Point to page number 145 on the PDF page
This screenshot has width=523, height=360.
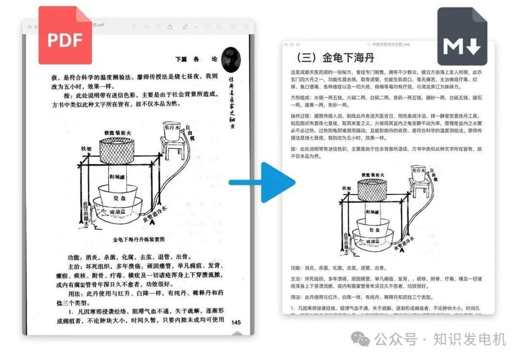click(236, 322)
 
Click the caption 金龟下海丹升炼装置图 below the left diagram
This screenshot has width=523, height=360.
click(139, 239)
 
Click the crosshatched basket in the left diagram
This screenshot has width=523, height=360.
click(119, 151)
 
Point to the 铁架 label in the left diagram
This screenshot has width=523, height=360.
click(86, 149)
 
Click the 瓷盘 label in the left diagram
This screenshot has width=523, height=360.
click(119, 199)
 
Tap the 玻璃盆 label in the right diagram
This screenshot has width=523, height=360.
click(374, 241)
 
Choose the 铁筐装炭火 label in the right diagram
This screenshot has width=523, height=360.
click(373, 175)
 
